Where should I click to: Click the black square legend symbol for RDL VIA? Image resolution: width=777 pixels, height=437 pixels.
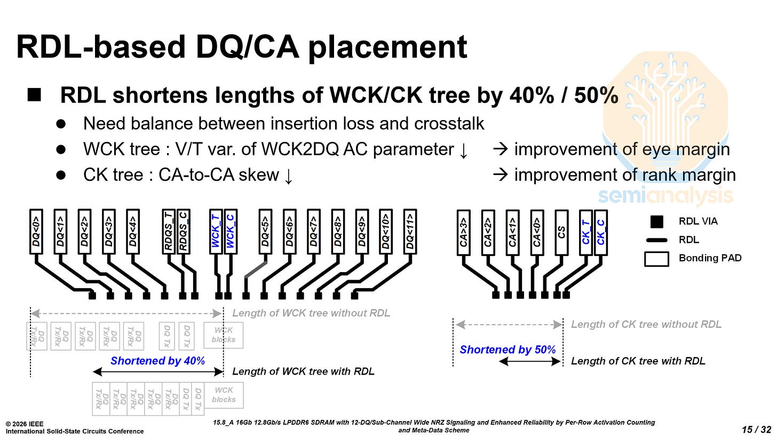click(x=656, y=221)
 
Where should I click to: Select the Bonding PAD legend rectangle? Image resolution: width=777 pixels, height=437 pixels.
click(x=656, y=258)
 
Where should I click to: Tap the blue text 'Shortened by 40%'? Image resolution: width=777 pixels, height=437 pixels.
click(x=157, y=361)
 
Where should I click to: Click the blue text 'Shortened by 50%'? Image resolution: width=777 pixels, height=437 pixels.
click(x=508, y=350)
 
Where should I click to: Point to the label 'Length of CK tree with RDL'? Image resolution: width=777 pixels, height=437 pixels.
click(x=638, y=361)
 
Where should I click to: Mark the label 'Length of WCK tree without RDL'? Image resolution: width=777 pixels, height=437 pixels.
click(x=311, y=313)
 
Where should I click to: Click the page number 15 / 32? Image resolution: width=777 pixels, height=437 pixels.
click(x=756, y=429)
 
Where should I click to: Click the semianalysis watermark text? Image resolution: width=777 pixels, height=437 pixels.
click(x=665, y=196)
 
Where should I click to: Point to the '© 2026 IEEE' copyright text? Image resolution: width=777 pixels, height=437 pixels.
click(x=27, y=424)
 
